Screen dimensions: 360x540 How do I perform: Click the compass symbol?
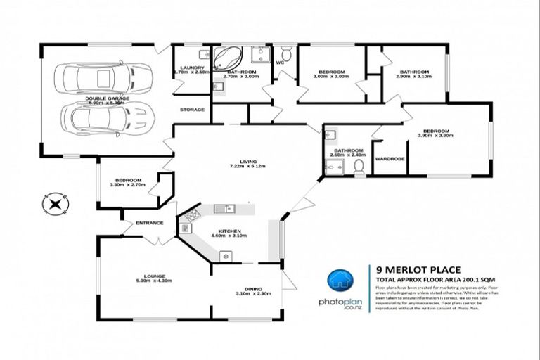[x=55, y=205]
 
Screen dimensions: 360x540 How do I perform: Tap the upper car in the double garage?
[x=105, y=77]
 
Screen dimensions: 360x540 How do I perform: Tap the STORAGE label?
[x=192, y=110]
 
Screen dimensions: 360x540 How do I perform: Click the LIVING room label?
[x=247, y=161]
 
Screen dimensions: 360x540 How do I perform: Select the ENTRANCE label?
[x=150, y=223]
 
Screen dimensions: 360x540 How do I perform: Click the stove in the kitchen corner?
[x=188, y=225]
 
